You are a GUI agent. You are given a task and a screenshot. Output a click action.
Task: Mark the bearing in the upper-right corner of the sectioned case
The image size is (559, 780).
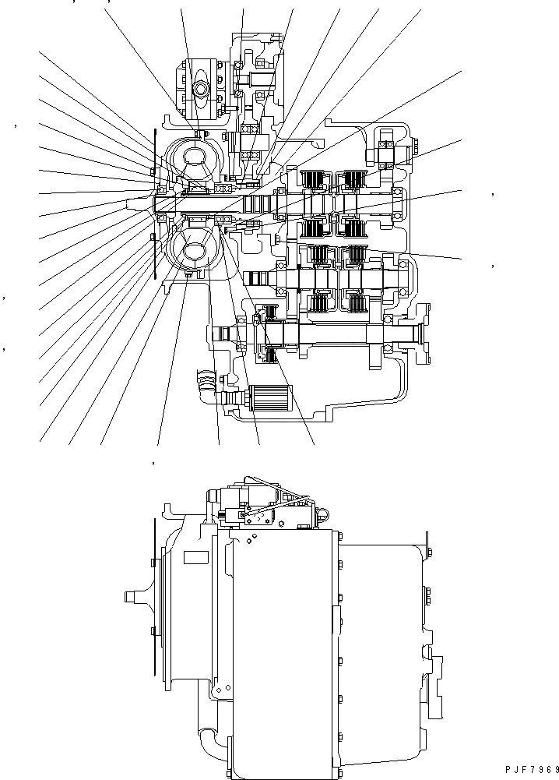pyautogui.click(x=387, y=150)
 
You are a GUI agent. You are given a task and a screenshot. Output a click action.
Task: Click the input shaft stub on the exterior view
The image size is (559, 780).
pyautogui.click(x=134, y=597)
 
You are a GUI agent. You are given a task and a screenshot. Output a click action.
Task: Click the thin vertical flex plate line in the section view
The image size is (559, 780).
pyautogui.click(x=156, y=204)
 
